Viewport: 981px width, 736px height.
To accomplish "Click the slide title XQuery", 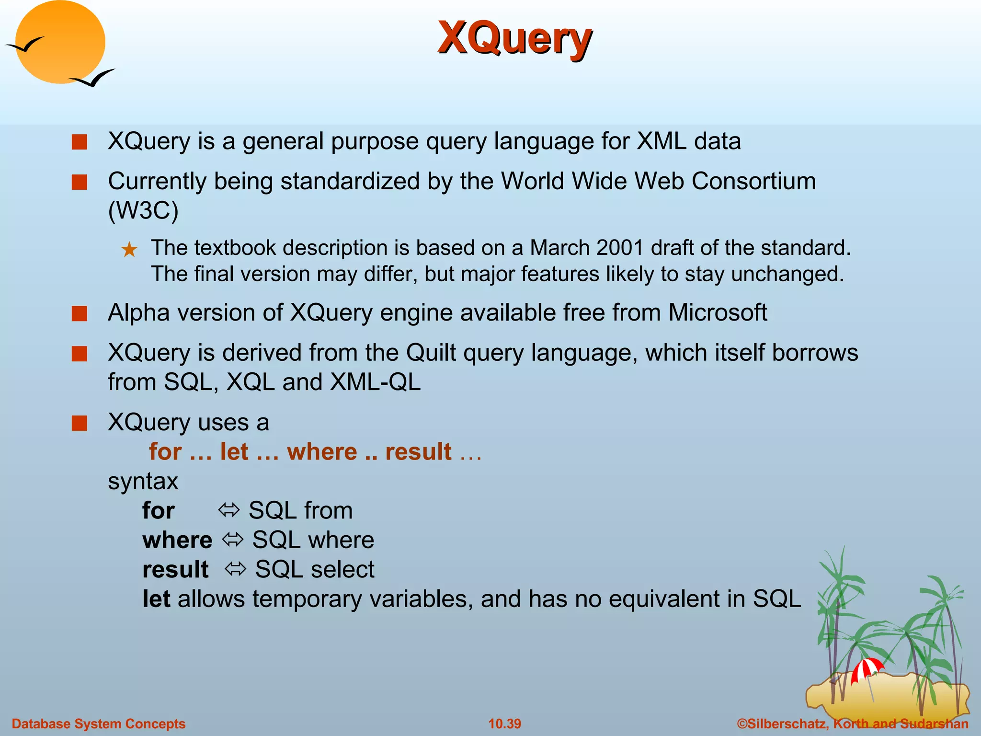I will point(515,38).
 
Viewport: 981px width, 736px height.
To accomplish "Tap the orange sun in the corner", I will point(60,42).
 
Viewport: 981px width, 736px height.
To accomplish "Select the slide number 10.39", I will point(504,724).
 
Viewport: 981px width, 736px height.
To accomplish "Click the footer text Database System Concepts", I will point(99,724).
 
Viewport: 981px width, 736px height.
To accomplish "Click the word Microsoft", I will point(718,313).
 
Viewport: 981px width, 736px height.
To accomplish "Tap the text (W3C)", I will point(143,210).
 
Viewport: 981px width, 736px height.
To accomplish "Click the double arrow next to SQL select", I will point(235,569).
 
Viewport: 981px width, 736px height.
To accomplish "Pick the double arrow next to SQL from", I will point(228,510).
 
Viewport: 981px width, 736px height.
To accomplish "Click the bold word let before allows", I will point(156,599).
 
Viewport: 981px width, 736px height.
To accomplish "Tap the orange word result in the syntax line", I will point(418,452).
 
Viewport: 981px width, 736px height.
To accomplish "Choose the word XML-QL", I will point(376,382).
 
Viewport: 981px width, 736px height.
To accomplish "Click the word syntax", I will point(143,481).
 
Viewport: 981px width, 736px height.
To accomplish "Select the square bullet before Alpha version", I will point(80,314).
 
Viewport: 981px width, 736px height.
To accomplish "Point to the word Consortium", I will point(753,182).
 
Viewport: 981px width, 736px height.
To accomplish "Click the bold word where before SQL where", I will point(177,540).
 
